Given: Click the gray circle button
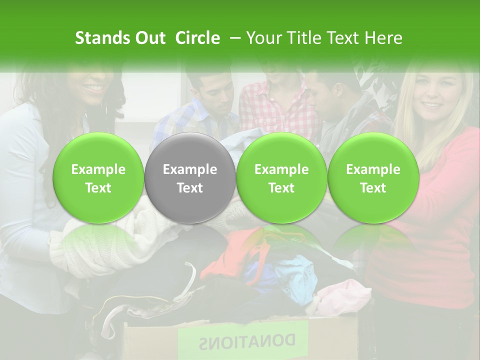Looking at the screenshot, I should (x=190, y=178).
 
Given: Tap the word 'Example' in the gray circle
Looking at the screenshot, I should (x=190, y=169).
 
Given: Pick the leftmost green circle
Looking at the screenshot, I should (x=98, y=178).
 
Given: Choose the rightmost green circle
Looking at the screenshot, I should (x=373, y=178).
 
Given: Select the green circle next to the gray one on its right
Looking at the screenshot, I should (x=281, y=178).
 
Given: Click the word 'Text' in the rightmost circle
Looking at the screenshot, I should (x=373, y=188).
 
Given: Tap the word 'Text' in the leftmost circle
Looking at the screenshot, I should (x=98, y=188).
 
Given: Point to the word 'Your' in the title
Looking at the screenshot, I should (x=263, y=38).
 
